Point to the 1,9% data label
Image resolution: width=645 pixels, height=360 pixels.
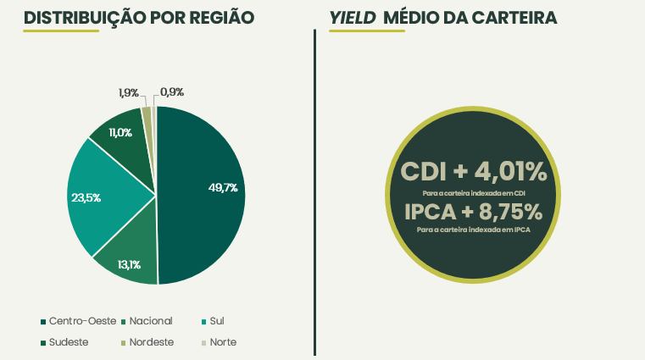128,92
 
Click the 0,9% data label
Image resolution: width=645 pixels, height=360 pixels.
172,92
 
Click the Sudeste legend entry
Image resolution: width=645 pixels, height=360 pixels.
68,342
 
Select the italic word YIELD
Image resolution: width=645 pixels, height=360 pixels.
352,18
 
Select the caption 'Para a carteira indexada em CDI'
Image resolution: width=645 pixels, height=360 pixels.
474,192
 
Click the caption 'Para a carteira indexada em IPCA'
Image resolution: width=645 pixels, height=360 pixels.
474,230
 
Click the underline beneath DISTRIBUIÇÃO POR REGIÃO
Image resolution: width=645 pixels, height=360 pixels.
61,31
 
